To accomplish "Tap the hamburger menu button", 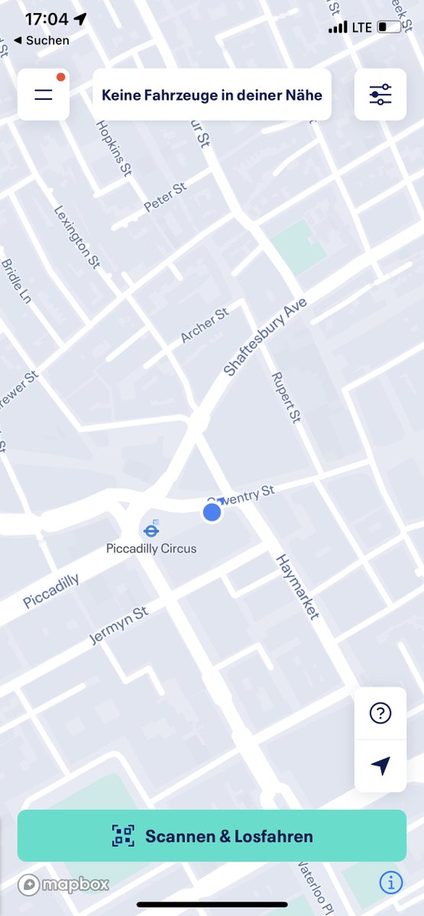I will point(44,95).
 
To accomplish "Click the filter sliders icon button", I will point(380,95).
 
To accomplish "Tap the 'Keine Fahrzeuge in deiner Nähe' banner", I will point(212,95).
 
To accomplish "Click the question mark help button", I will point(380,713).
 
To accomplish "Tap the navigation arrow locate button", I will point(380,766).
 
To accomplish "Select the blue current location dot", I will point(212,513).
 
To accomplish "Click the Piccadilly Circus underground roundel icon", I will point(151,529).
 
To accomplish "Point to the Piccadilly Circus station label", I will point(151,548).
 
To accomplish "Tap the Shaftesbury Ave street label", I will point(265,337).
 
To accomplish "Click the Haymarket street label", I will point(297,586).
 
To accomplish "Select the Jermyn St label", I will point(118,626).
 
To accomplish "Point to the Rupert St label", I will point(286,397).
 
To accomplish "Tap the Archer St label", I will point(205,326).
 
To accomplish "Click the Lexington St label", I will point(77,237).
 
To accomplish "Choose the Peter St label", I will point(165,197).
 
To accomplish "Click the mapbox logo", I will point(64,884).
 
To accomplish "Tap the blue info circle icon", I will point(390,883).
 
